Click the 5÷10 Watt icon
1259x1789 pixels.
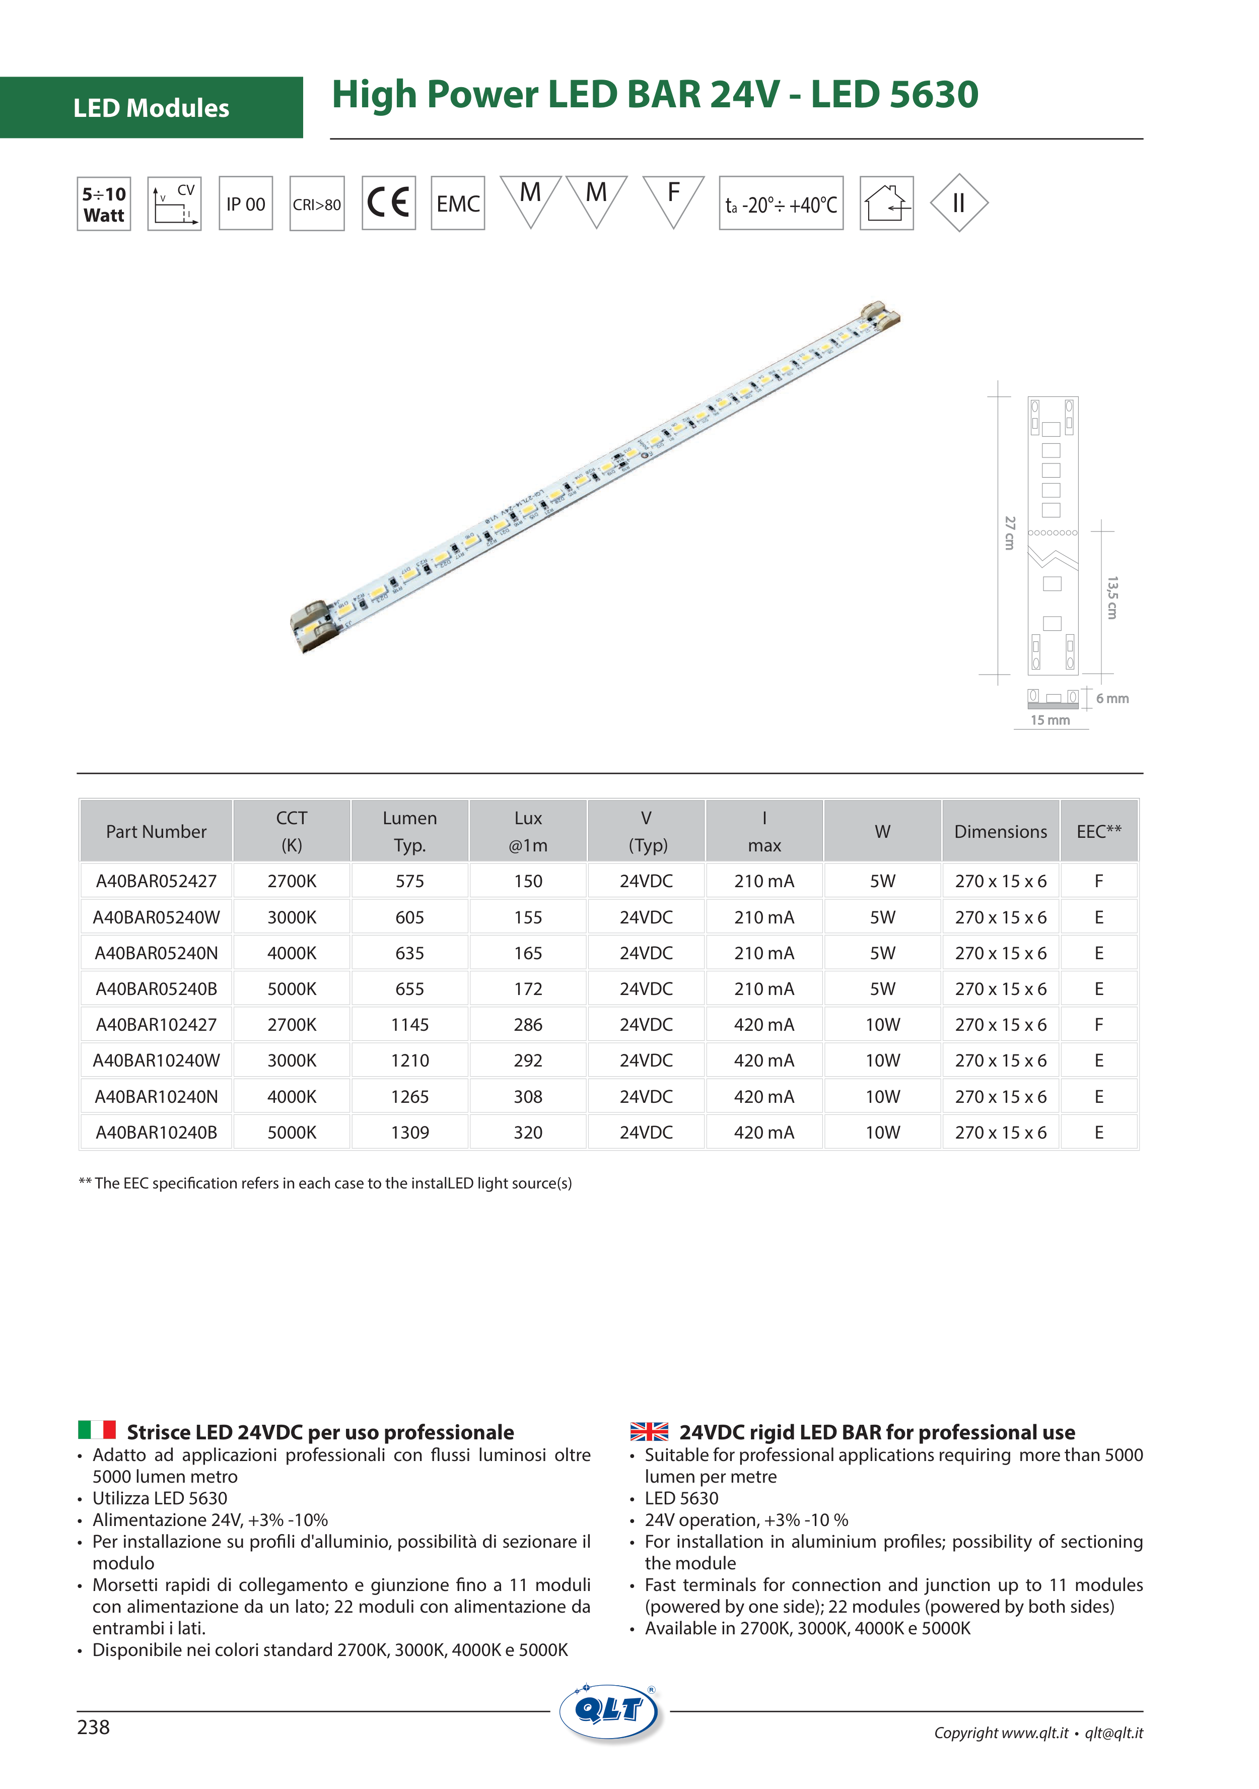pyautogui.click(x=104, y=204)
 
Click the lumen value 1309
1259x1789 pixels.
pyautogui.click(x=410, y=1132)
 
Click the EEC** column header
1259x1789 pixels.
pyautogui.click(x=1098, y=831)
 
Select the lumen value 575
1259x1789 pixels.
pyautogui.click(x=410, y=881)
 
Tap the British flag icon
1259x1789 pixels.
pyautogui.click(x=649, y=1431)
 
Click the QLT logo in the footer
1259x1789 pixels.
pyautogui.click(x=609, y=1712)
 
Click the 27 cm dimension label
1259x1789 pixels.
pyautogui.click(x=1010, y=533)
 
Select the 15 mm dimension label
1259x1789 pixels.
pyautogui.click(x=1050, y=720)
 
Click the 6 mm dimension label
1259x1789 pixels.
pyautogui.click(x=1112, y=698)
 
